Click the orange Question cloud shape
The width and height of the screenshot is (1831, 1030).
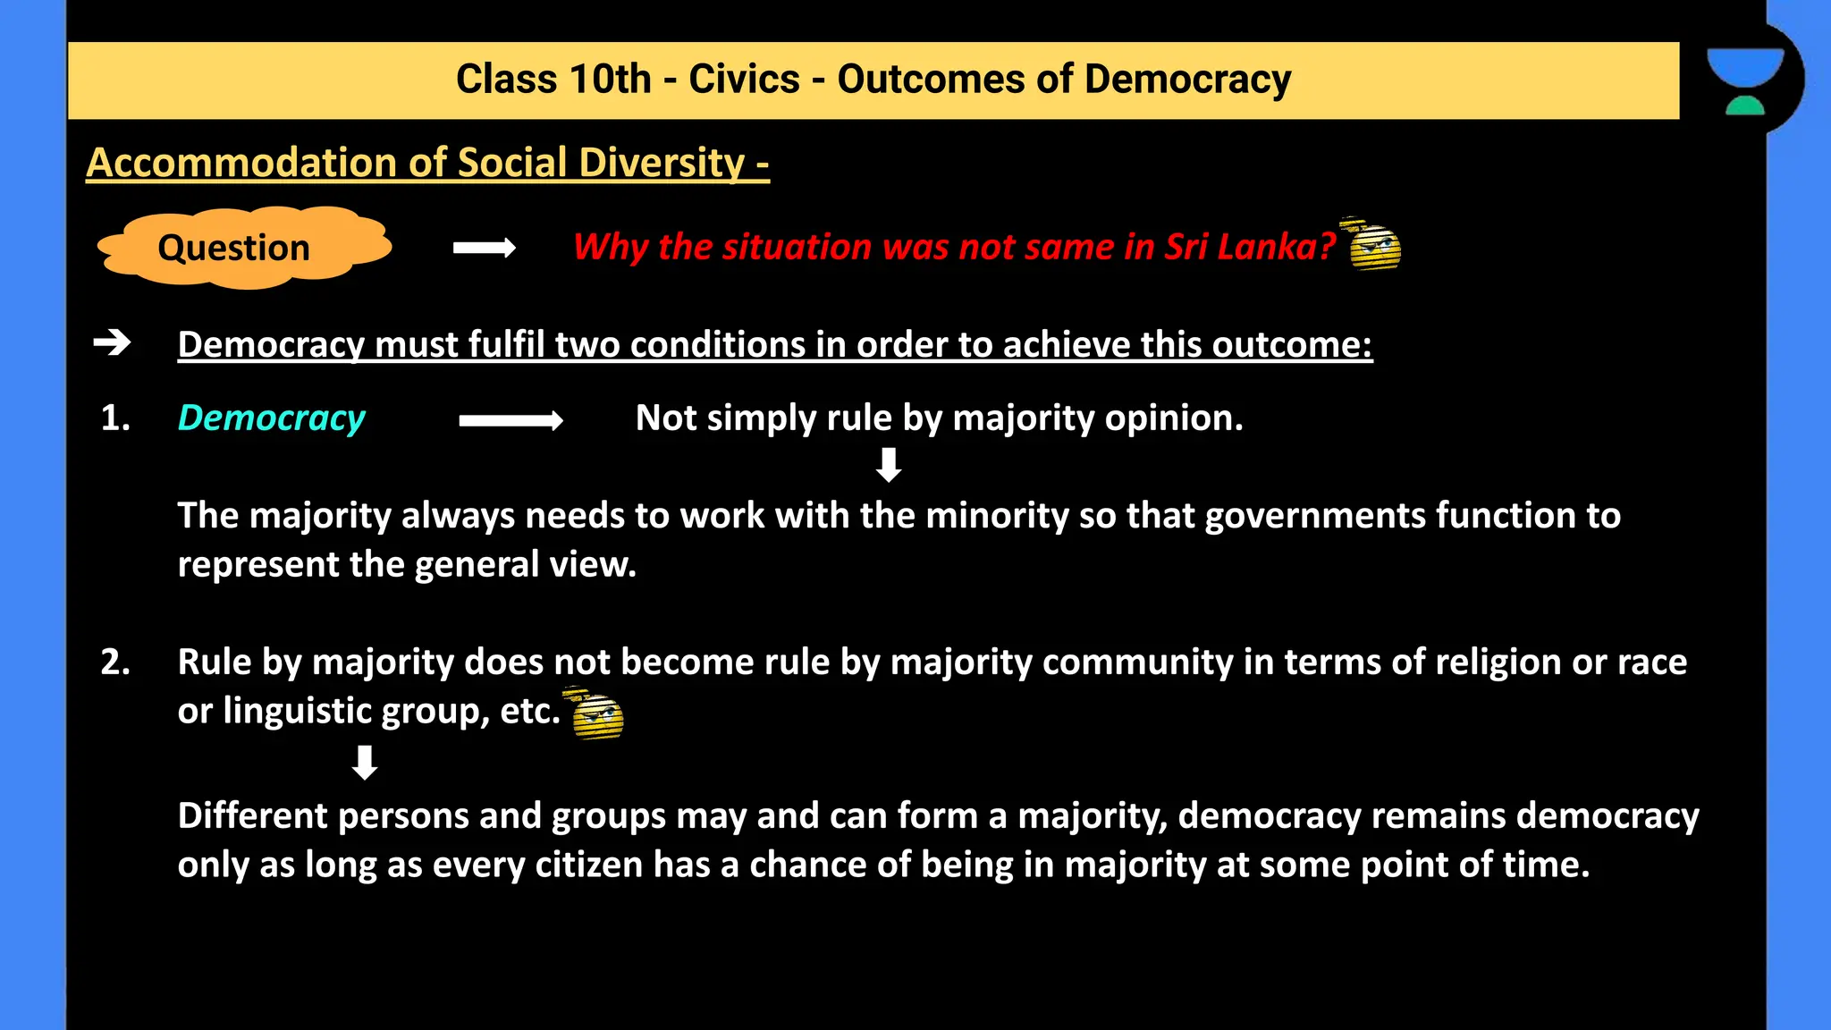coord(243,248)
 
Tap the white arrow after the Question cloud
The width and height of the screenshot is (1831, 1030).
coord(484,248)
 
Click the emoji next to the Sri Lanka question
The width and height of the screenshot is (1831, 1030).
coord(1372,244)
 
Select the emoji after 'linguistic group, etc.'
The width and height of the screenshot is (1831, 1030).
coord(595,713)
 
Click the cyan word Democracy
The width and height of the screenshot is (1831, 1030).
coord(271,418)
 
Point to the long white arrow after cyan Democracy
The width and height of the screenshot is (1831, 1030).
coord(510,420)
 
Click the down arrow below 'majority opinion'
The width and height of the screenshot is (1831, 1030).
coord(888,465)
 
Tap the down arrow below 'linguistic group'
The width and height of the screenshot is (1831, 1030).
coord(365,763)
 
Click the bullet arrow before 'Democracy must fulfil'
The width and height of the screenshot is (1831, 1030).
coord(113,342)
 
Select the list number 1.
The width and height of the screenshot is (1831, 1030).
coord(114,418)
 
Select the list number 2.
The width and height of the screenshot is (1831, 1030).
coord(114,662)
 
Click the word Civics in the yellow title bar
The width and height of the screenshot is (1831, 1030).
coord(744,79)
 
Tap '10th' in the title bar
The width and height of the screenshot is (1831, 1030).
coord(610,79)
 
